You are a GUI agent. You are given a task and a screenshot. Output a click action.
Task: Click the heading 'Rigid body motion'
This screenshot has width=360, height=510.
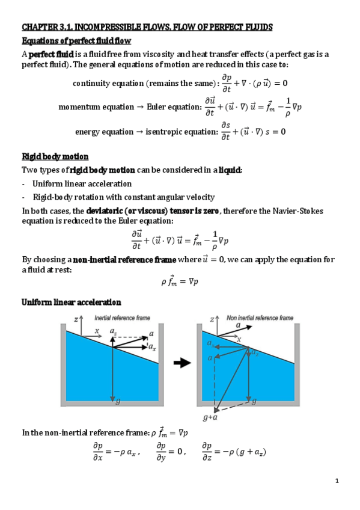[55, 157]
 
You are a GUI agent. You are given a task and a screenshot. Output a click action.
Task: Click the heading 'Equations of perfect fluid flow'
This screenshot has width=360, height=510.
[76, 41]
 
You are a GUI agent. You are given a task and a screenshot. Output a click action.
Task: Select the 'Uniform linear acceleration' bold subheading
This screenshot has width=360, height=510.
[72, 302]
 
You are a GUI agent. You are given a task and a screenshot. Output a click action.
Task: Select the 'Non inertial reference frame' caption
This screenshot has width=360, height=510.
[260, 318]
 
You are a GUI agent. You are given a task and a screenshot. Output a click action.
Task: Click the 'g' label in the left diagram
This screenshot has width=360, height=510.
[117, 402]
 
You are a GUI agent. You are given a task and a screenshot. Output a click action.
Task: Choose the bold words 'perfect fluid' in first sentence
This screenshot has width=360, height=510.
[48, 54]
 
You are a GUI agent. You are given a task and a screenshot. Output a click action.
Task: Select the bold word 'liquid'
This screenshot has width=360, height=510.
[230, 170]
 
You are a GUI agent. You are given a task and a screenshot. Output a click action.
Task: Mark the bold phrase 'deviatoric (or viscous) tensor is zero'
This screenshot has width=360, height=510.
[153, 211]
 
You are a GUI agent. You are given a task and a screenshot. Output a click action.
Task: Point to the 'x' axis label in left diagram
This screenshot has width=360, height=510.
[97, 331]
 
